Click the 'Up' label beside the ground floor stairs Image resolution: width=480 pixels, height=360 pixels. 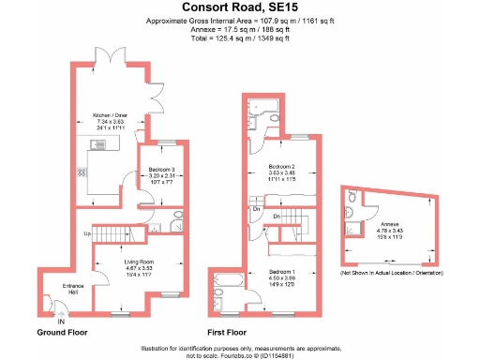pos(87,232)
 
